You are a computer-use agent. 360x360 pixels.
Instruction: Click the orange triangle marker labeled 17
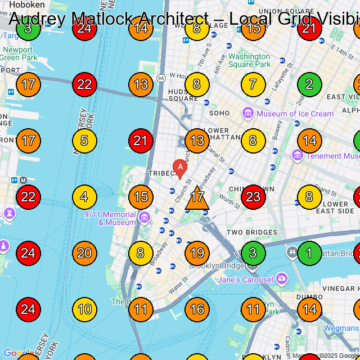tap(197, 198)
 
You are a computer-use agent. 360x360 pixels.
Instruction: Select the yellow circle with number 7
tap(253, 84)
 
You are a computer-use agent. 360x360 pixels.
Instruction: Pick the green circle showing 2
tap(309, 84)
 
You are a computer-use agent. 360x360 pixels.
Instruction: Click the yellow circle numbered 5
tap(84, 141)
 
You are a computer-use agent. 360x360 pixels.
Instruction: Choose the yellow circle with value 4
tap(84, 197)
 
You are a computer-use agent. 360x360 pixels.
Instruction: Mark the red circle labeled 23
tap(253, 197)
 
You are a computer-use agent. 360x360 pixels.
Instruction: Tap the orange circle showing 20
tap(84, 253)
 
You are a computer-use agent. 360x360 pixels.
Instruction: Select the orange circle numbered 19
tap(197, 253)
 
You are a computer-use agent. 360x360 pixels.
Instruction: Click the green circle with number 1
tap(309, 253)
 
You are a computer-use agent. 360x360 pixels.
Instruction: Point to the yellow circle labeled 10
tap(84, 309)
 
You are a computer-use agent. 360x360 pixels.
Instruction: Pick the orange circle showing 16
tap(197, 309)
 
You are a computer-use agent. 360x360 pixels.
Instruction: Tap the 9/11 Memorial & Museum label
tap(110, 218)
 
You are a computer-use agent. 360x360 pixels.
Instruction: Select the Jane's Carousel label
tap(245, 280)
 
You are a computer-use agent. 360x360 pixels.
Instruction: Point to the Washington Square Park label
tap(249, 60)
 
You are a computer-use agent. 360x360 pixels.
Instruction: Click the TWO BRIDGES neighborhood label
tap(252, 232)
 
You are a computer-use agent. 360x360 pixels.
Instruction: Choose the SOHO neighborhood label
tap(219, 113)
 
